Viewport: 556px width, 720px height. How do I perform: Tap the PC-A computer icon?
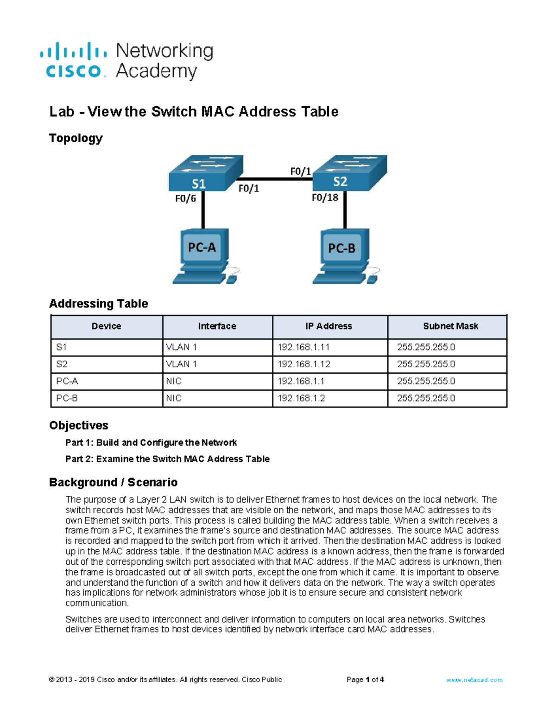pyautogui.click(x=202, y=255)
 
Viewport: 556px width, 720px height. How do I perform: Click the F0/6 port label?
pyautogui.click(x=185, y=199)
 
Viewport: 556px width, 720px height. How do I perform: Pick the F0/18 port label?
pyautogui.click(x=325, y=198)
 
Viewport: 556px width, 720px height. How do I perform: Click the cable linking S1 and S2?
pyautogui.click(x=276, y=179)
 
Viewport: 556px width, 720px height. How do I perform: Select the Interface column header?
pyautogui.click(x=217, y=326)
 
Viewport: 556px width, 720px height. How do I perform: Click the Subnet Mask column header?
pyautogui.click(x=450, y=326)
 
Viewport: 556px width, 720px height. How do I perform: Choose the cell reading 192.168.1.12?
pyautogui.click(x=304, y=364)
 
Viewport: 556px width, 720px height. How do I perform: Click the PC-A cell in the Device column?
pyautogui.click(x=67, y=382)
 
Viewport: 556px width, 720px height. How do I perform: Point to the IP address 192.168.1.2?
pyautogui.click(x=301, y=398)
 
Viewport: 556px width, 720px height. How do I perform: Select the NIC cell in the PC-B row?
pyautogui.click(x=174, y=398)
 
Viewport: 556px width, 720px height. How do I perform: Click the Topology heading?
pyautogui.click(x=76, y=138)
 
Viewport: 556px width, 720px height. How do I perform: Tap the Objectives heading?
pyautogui.click(x=79, y=426)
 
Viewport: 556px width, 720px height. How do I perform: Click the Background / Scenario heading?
pyautogui.click(x=113, y=483)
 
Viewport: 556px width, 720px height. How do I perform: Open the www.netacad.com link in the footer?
pyautogui.click(x=474, y=680)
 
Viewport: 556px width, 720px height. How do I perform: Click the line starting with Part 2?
pyautogui.click(x=167, y=459)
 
